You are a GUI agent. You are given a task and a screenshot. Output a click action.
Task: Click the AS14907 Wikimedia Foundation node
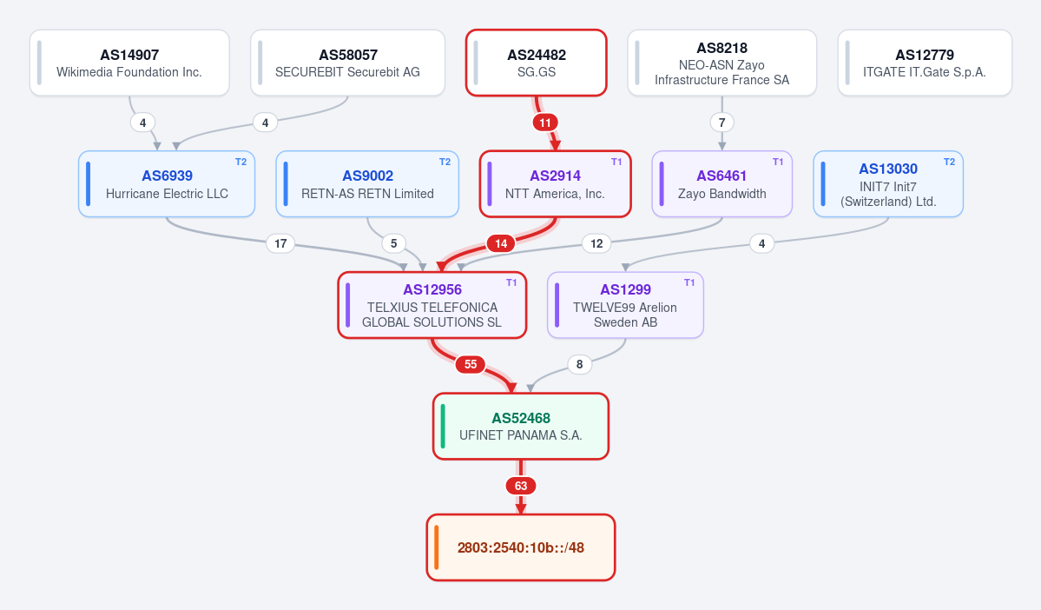coord(129,63)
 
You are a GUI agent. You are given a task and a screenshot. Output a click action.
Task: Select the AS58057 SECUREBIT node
coord(348,63)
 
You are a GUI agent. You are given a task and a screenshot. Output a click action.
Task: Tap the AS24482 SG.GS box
coord(537,63)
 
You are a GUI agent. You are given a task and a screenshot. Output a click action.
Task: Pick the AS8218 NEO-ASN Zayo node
coord(721,63)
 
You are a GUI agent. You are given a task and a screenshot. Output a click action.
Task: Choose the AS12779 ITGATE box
coord(925,63)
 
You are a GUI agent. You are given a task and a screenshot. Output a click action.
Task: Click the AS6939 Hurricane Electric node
coord(167,184)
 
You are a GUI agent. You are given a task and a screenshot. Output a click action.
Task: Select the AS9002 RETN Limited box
coord(367,184)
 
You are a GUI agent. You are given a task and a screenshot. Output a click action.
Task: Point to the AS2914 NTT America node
coord(555,184)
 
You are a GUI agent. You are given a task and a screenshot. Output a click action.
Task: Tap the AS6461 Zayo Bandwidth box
coord(721,184)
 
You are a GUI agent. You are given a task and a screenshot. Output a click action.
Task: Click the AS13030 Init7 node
coord(888,184)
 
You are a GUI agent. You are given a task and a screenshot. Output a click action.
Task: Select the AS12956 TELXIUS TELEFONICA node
coord(432,305)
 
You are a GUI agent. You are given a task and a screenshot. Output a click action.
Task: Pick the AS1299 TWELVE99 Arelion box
coord(625,305)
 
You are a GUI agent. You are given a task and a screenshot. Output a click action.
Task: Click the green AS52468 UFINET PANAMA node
coord(521,426)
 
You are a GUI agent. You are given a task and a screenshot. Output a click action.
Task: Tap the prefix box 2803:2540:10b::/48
coord(521,547)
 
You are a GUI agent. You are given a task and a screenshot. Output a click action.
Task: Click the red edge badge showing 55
coord(471,364)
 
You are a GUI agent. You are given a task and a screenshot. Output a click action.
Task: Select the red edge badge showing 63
coord(521,486)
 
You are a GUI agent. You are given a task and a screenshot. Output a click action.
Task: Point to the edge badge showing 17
coord(280,243)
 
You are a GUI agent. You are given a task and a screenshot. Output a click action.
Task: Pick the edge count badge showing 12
coord(596,243)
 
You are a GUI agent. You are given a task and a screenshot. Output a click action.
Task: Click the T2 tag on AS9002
coord(445,162)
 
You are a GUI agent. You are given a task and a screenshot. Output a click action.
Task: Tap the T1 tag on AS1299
coord(689,282)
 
